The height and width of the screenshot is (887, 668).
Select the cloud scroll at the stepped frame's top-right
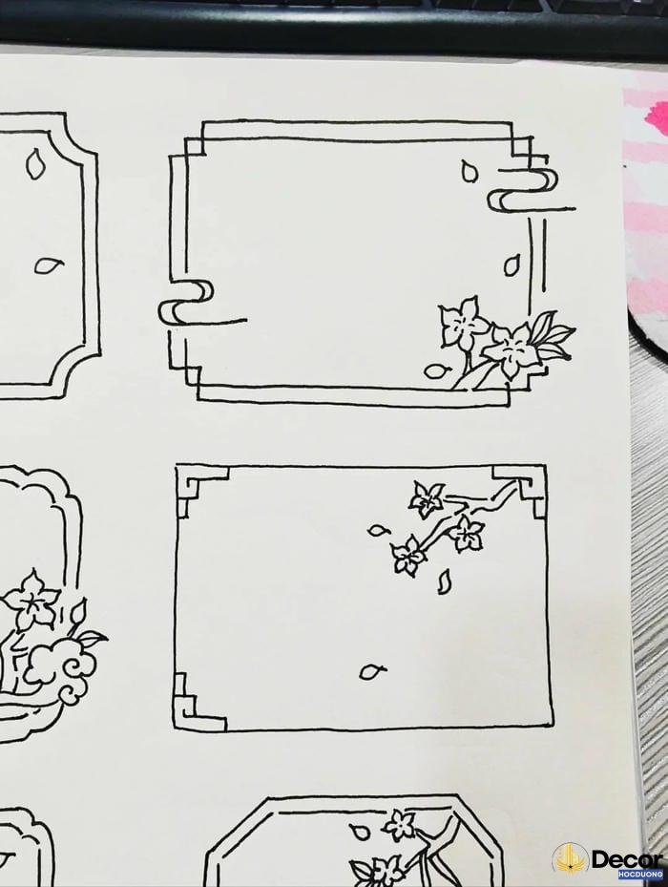523,189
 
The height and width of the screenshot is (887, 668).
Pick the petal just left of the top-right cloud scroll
469,172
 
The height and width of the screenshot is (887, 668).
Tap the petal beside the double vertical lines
512,264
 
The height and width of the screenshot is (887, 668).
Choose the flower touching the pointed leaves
512,348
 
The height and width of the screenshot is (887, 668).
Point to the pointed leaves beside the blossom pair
552,337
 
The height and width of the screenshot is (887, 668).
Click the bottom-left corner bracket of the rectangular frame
195,702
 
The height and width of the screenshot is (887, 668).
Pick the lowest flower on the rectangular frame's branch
407,557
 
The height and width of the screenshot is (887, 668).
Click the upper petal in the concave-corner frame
36,163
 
